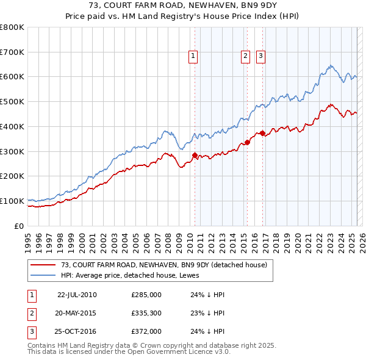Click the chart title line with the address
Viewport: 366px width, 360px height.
point(183,6)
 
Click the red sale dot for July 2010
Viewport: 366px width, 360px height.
point(195,155)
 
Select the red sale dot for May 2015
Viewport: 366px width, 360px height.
point(248,142)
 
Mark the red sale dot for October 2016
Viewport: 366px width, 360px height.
point(263,133)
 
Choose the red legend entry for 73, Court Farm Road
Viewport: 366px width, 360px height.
point(163,265)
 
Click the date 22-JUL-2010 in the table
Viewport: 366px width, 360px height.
point(77,295)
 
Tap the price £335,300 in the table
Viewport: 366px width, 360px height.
point(146,313)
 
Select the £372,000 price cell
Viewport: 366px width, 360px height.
point(146,331)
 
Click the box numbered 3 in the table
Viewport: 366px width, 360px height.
point(31,331)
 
